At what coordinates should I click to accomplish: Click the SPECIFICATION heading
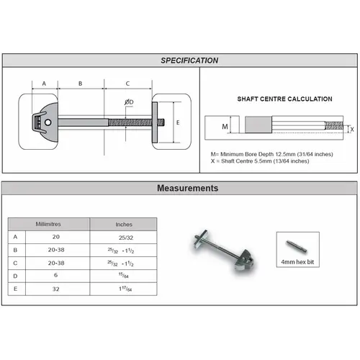(x=189, y=60)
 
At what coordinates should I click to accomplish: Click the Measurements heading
(x=187, y=188)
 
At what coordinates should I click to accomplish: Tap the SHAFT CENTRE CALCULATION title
(x=284, y=99)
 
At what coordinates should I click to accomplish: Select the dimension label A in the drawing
(x=45, y=84)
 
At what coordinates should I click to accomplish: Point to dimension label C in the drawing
(x=127, y=84)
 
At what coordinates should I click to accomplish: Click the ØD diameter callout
(x=128, y=103)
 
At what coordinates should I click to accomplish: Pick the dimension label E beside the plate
(x=178, y=122)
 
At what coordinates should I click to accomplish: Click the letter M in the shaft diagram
(x=225, y=127)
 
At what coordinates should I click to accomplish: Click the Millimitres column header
(x=48, y=224)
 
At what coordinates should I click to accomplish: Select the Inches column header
(x=124, y=224)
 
